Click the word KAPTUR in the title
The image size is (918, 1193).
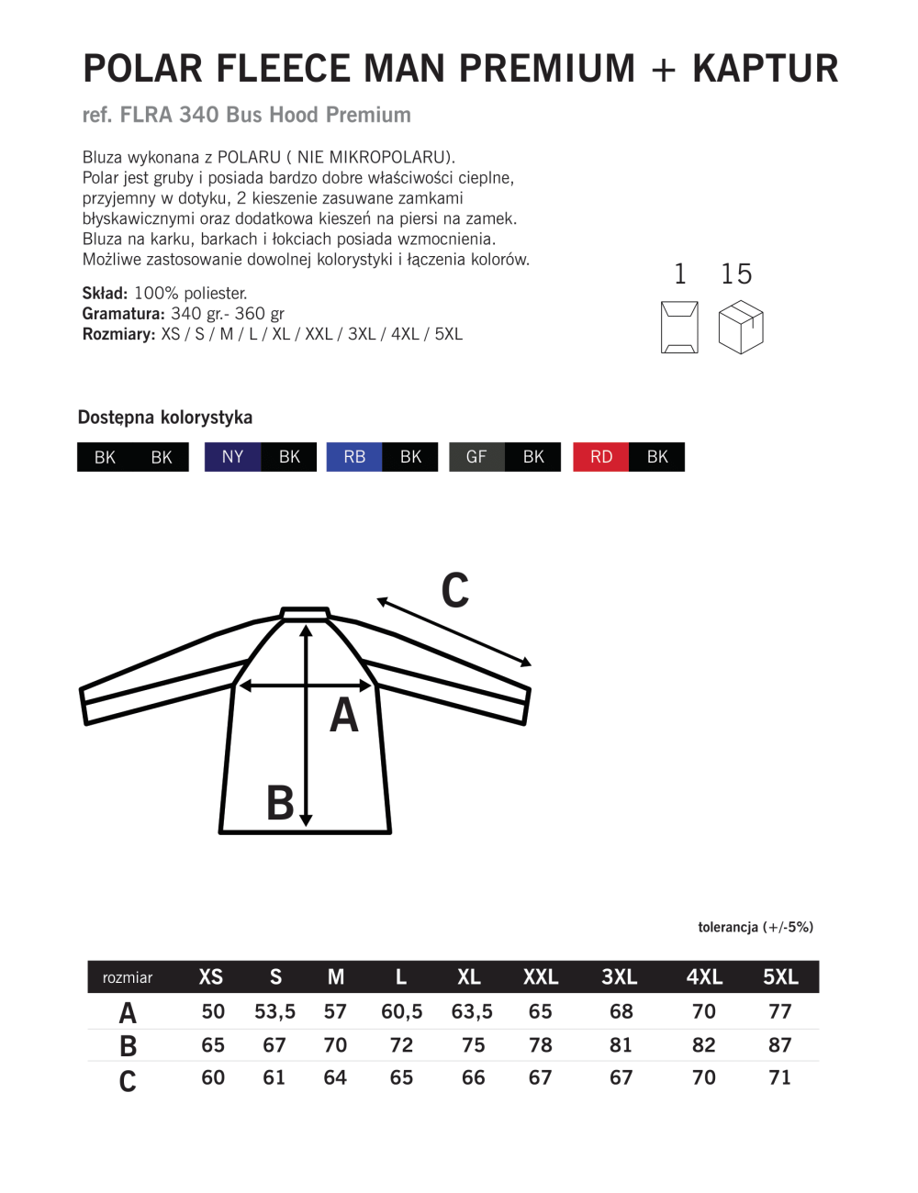point(765,69)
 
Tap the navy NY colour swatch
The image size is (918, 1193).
point(232,457)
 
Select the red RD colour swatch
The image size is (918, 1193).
point(601,457)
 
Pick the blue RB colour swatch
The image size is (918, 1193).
point(354,457)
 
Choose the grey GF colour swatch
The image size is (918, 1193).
point(476,457)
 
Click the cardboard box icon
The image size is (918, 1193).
point(741,329)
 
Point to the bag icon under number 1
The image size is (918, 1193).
point(679,328)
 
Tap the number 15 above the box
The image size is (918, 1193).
point(736,274)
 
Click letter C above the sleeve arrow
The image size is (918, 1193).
point(455,591)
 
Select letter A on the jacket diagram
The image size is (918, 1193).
point(344,716)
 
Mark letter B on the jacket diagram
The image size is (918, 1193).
point(280,803)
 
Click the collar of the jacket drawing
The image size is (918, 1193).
point(305,613)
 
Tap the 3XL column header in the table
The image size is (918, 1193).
point(620,977)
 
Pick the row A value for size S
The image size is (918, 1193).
point(274,1011)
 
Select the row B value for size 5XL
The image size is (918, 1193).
point(780,1045)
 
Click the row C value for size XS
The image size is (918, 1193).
point(213,1077)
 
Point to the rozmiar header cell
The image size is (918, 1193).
point(128,977)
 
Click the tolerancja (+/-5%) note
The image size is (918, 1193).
point(756,927)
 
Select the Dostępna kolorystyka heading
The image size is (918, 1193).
point(165,418)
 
